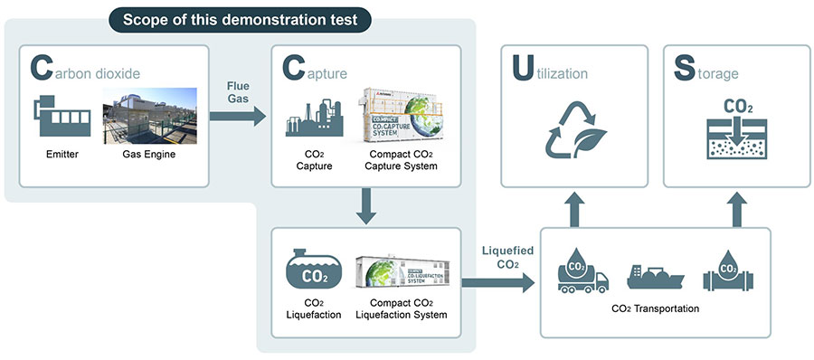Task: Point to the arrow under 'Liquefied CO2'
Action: tap(497, 283)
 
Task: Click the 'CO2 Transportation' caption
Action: tap(654, 308)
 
